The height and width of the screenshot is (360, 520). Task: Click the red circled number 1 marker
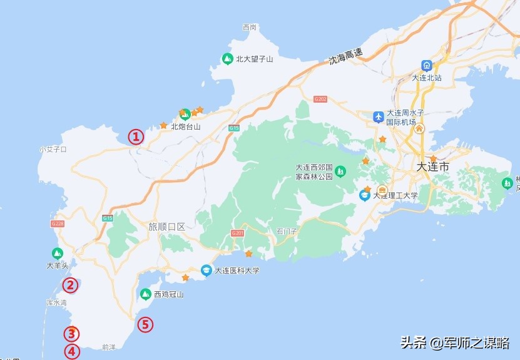click(136, 136)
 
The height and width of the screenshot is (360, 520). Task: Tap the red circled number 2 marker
click(70, 285)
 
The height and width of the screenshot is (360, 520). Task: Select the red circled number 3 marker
click(72, 334)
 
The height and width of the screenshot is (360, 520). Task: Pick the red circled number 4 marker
click(72, 351)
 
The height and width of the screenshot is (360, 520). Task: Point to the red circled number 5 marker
click(145, 324)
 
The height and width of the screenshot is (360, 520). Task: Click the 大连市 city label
click(432, 167)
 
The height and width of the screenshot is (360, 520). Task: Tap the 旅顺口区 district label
click(166, 227)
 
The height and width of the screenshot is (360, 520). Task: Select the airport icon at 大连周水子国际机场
click(378, 117)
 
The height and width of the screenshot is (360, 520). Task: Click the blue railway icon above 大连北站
click(427, 65)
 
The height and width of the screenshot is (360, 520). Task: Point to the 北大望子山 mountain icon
click(228, 59)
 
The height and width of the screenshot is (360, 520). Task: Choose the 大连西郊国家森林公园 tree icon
click(340, 170)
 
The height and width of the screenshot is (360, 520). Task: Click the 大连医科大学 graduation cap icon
click(206, 271)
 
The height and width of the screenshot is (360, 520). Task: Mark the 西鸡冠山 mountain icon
click(145, 294)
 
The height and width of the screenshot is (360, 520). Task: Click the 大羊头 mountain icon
click(57, 253)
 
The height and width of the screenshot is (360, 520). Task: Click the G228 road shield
click(57, 224)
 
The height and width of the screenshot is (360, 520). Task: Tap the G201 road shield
click(237, 233)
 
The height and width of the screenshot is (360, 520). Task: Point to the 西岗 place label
click(249, 28)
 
